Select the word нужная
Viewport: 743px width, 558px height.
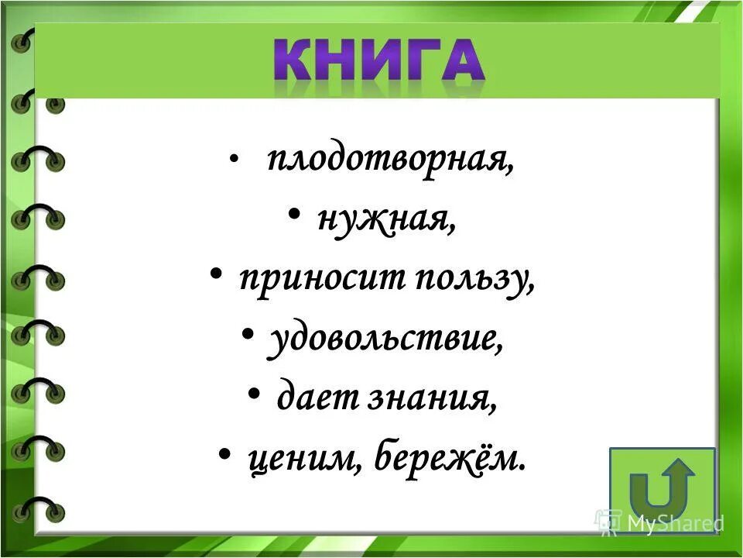385,220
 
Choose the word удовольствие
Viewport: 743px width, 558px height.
385,339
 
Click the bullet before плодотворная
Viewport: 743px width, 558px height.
234,160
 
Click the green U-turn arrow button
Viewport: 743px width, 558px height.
662,489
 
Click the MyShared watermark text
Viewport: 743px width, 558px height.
675,523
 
